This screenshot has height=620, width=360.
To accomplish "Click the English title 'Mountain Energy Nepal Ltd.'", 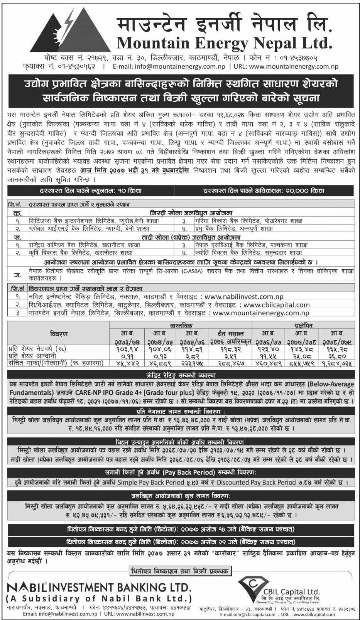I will pyautogui.click(x=224, y=42).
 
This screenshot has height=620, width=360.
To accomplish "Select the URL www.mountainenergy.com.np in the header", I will pyautogui.click(x=294, y=66).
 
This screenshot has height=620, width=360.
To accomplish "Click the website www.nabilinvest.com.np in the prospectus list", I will pyautogui.click(x=243, y=297).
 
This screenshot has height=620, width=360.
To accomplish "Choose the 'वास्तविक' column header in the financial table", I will pyautogui.click(x=181, y=326).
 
